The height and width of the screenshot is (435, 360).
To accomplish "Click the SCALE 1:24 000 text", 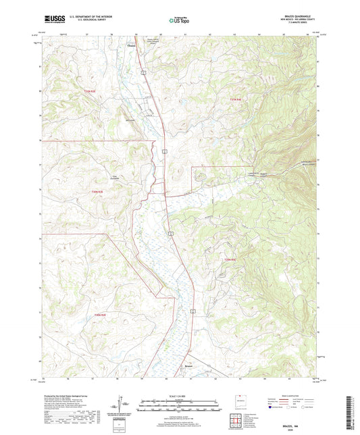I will tap(179, 396).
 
